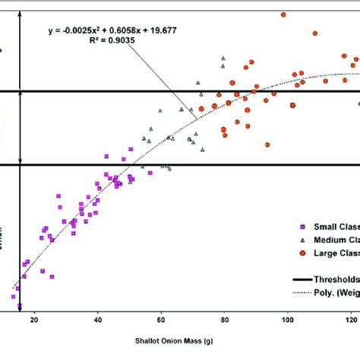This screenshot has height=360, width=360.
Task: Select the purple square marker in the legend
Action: (x=302, y=226)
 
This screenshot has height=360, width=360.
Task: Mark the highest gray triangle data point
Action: (x=223, y=58)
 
